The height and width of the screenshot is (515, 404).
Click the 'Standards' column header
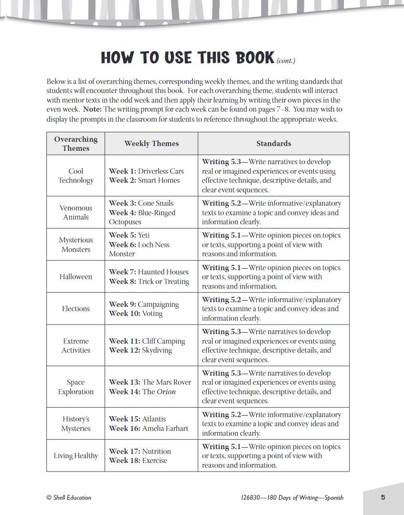tap(273, 143)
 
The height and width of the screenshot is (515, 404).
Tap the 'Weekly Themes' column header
tap(151, 143)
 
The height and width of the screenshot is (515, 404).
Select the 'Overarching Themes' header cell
tap(75, 143)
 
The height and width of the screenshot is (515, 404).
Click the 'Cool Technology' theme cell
tap(75, 176)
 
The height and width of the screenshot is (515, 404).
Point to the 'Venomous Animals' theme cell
tap(75, 212)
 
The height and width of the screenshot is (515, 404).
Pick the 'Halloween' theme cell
tap(75, 277)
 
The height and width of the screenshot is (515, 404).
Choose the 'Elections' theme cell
tap(75, 309)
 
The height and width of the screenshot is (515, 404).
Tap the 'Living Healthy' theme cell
tap(75, 456)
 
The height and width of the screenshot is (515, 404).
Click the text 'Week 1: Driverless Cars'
tap(146, 171)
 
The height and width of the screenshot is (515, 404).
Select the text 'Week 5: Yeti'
tap(129, 235)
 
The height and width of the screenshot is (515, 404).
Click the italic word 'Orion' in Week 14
tap(166, 392)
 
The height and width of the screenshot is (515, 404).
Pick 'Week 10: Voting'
tap(136, 314)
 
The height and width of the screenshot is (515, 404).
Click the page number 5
tap(383, 497)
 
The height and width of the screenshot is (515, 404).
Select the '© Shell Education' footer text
tap(69, 497)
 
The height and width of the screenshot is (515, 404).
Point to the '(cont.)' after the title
tap(286, 61)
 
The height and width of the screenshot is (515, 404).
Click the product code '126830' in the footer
tap(251, 497)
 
